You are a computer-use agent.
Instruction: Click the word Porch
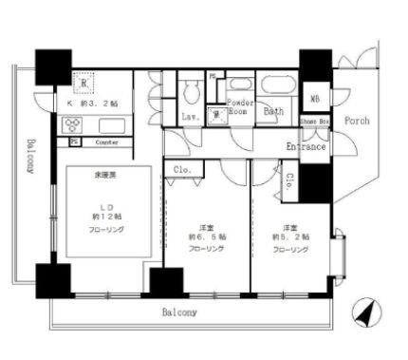click(x=357, y=121)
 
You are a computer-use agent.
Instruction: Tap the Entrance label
click(x=306, y=147)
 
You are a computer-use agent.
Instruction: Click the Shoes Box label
click(x=314, y=122)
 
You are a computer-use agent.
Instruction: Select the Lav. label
click(x=189, y=117)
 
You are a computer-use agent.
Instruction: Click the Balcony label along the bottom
click(x=177, y=311)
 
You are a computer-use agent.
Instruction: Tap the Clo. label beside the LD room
click(x=181, y=172)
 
